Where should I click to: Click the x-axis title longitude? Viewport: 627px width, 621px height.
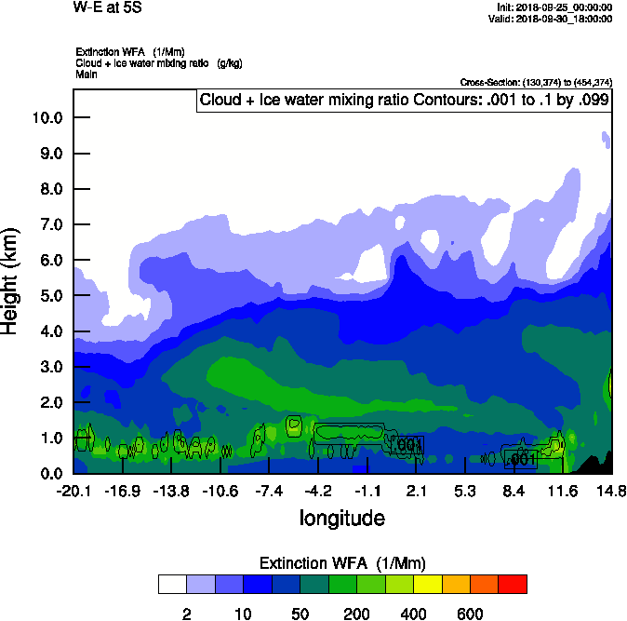pyautogui.click(x=341, y=517)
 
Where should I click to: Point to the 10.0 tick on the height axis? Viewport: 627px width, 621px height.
pyautogui.click(x=47, y=118)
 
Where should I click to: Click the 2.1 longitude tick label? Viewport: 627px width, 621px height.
pyautogui.click(x=416, y=491)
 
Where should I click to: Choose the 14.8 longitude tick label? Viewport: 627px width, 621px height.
pyautogui.click(x=611, y=491)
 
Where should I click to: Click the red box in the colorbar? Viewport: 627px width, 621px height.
pyautogui.click(x=513, y=584)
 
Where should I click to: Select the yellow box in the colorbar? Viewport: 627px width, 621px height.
pyautogui.click(x=428, y=584)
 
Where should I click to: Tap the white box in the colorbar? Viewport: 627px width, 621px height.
pyautogui.click(x=172, y=584)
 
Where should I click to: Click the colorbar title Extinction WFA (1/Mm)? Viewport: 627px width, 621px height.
pyautogui.click(x=341, y=563)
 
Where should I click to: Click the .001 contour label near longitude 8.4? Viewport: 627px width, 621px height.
pyautogui.click(x=522, y=458)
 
